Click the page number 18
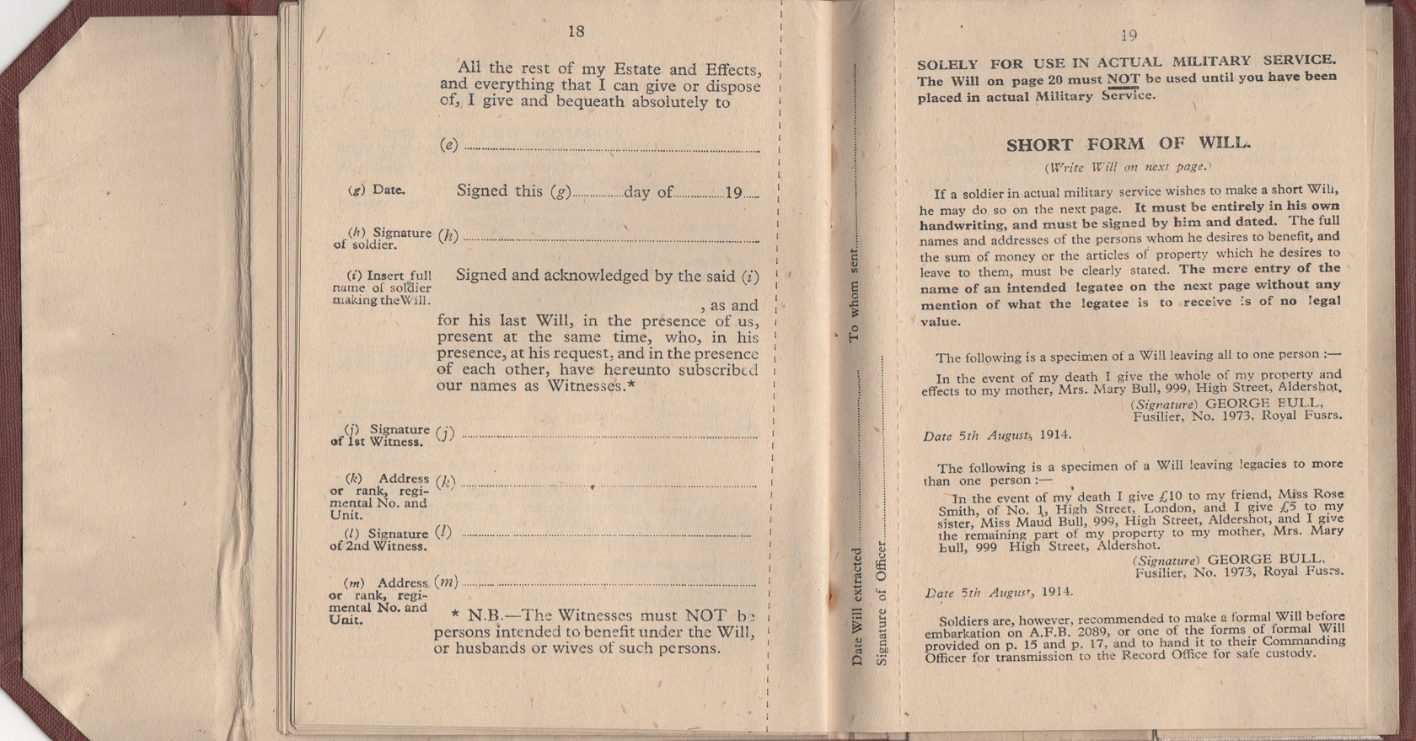(x=576, y=32)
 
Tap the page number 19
(x=1129, y=35)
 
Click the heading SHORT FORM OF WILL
(x=1128, y=144)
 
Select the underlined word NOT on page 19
(x=1123, y=79)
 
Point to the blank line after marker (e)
(x=611, y=148)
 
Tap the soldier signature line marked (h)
(x=611, y=239)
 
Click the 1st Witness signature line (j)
(x=609, y=436)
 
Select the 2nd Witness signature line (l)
(x=605, y=534)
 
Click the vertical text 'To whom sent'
(x=854, y=295)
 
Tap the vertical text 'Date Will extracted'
(x=857, y=607)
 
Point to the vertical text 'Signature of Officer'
(x=882, y=604)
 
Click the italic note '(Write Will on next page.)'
(x=1128, y=167)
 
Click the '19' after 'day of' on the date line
(x=733, y=193)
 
